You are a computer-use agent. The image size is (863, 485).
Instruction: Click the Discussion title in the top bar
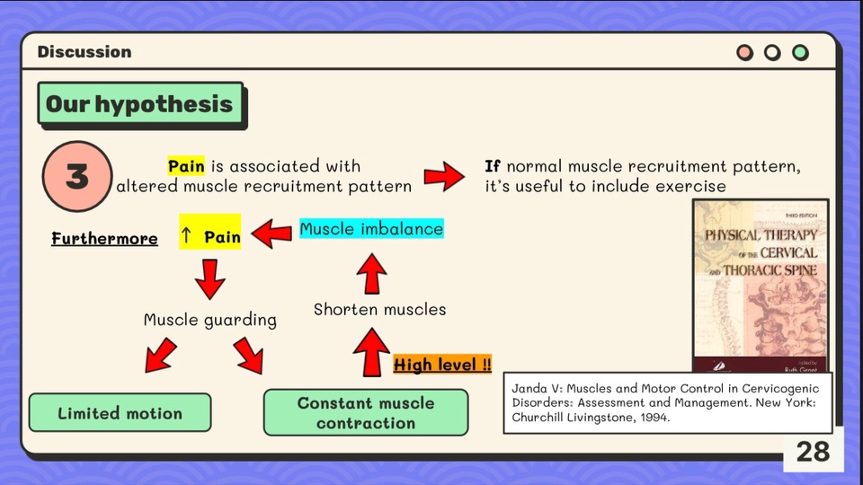[x=85, y=52]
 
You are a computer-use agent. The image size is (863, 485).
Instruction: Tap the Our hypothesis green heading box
[x=139, y=104]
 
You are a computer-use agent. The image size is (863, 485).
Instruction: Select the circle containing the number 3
[x=77, y=176]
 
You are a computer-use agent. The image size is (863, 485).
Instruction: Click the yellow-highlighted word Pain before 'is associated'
[x=186, y=166]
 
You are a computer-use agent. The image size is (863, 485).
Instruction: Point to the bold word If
[x=492, y=166]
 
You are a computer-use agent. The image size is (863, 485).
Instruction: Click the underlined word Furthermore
[x=104, y=239]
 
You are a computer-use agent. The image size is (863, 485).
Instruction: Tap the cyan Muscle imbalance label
[x=371, y=229]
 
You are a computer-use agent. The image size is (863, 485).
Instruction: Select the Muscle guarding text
[x=210, y=320]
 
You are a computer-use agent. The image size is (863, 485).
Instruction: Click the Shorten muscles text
[x=379, y=310]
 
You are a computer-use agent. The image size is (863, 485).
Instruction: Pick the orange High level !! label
[x=442, y=365]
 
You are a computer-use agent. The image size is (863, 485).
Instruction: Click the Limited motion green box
[x=120, y=413]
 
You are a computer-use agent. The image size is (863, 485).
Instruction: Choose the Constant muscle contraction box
[x=366, y=413]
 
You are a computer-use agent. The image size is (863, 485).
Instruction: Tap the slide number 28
[x=813, y=451]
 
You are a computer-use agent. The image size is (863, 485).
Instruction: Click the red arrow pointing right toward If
[x=445, y=176]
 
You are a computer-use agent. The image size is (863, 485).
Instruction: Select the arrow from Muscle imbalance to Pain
[x=271, y=235]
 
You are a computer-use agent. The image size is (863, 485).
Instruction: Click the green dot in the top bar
[x=800, y=52]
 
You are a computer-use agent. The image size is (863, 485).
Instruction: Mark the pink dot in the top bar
[x=744, y=52]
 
